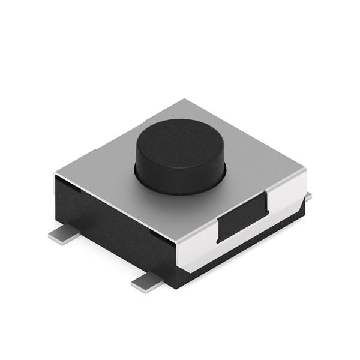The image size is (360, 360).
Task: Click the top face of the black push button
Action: (x=179, y=143)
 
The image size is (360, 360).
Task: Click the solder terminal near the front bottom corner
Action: (x=148, y=281)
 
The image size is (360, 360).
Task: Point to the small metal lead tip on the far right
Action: (x=309, y=196)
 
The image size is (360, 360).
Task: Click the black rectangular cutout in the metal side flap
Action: (x=242, y=218)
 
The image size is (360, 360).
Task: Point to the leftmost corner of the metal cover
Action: (x=55, y=175)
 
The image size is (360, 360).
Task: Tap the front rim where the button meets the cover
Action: (x=179, y=193)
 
